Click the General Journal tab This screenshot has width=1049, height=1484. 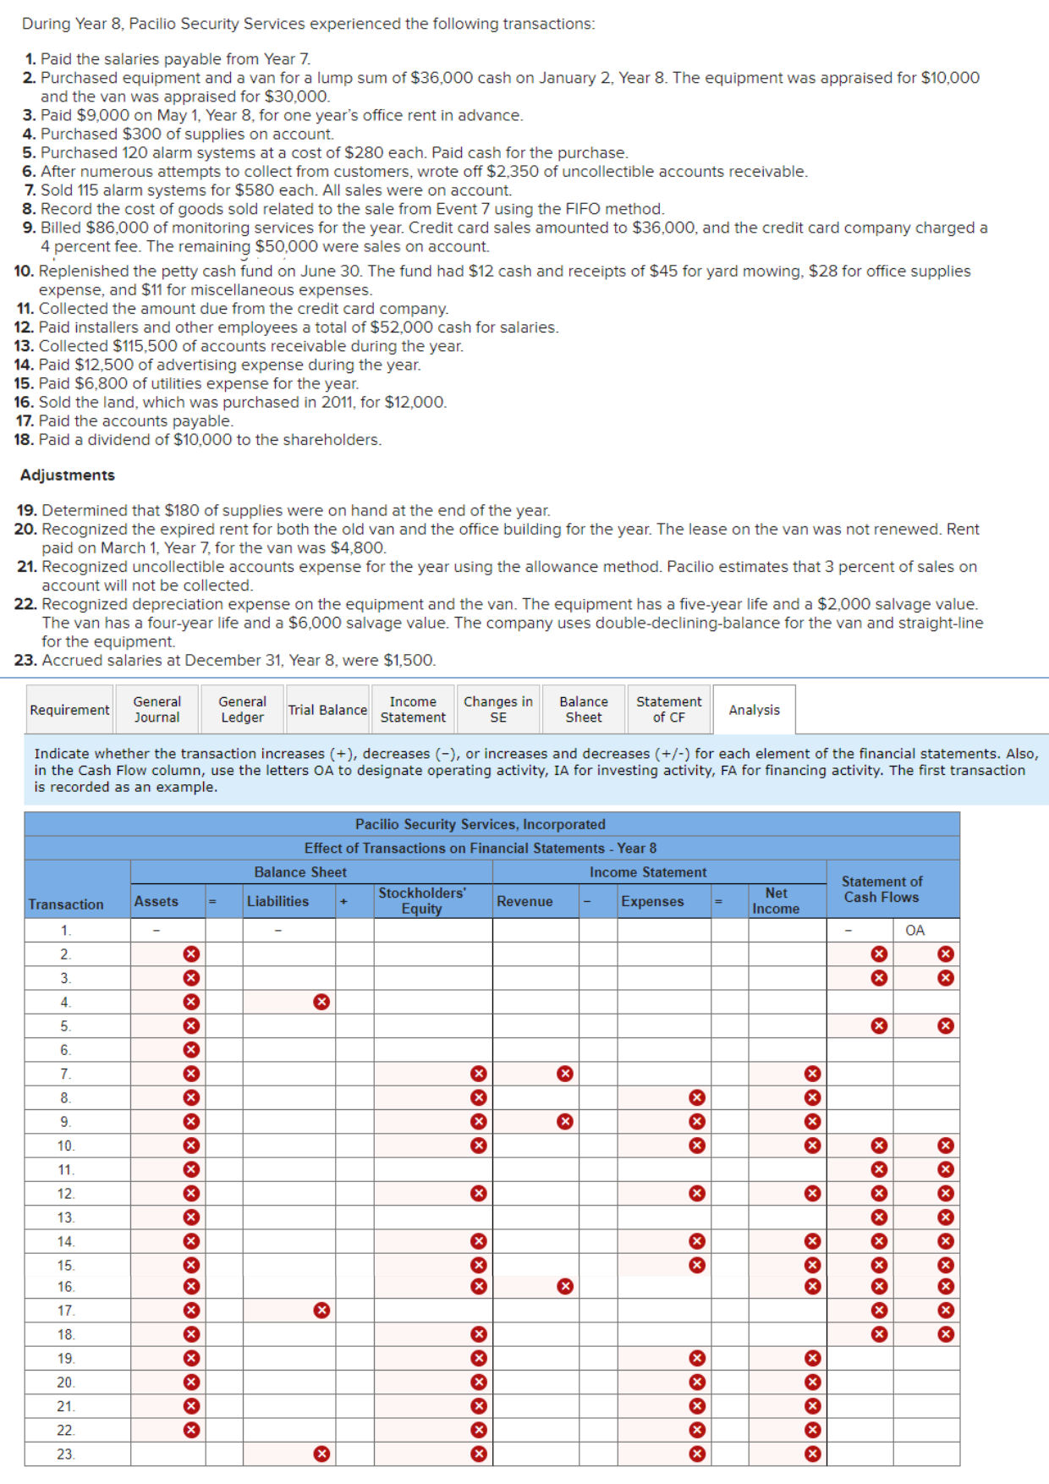click(157, 709)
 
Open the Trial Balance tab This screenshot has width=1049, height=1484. click(327, 710)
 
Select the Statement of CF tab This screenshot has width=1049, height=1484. click(668, 709)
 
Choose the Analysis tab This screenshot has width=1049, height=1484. click(754, 710)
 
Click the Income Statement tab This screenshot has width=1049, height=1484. click(412, 709)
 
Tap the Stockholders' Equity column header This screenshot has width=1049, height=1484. click(422, 900)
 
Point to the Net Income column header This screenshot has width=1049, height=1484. click(776, 900)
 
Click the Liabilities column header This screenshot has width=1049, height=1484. click(277, 901)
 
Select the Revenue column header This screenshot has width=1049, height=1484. click(524, 901)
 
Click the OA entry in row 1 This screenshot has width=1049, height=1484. click(914, 930)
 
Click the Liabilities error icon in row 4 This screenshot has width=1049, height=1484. click(321, 1002)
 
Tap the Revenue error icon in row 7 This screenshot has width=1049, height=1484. click(565, 1074)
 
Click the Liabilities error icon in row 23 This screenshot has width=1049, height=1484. click(321, 1454)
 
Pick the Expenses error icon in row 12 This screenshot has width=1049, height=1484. click(697, 1194)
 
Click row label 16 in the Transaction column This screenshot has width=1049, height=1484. click(66, 1287)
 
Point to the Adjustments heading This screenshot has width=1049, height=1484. click(68, 475)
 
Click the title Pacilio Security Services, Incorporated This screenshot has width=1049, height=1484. click(480, 824)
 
